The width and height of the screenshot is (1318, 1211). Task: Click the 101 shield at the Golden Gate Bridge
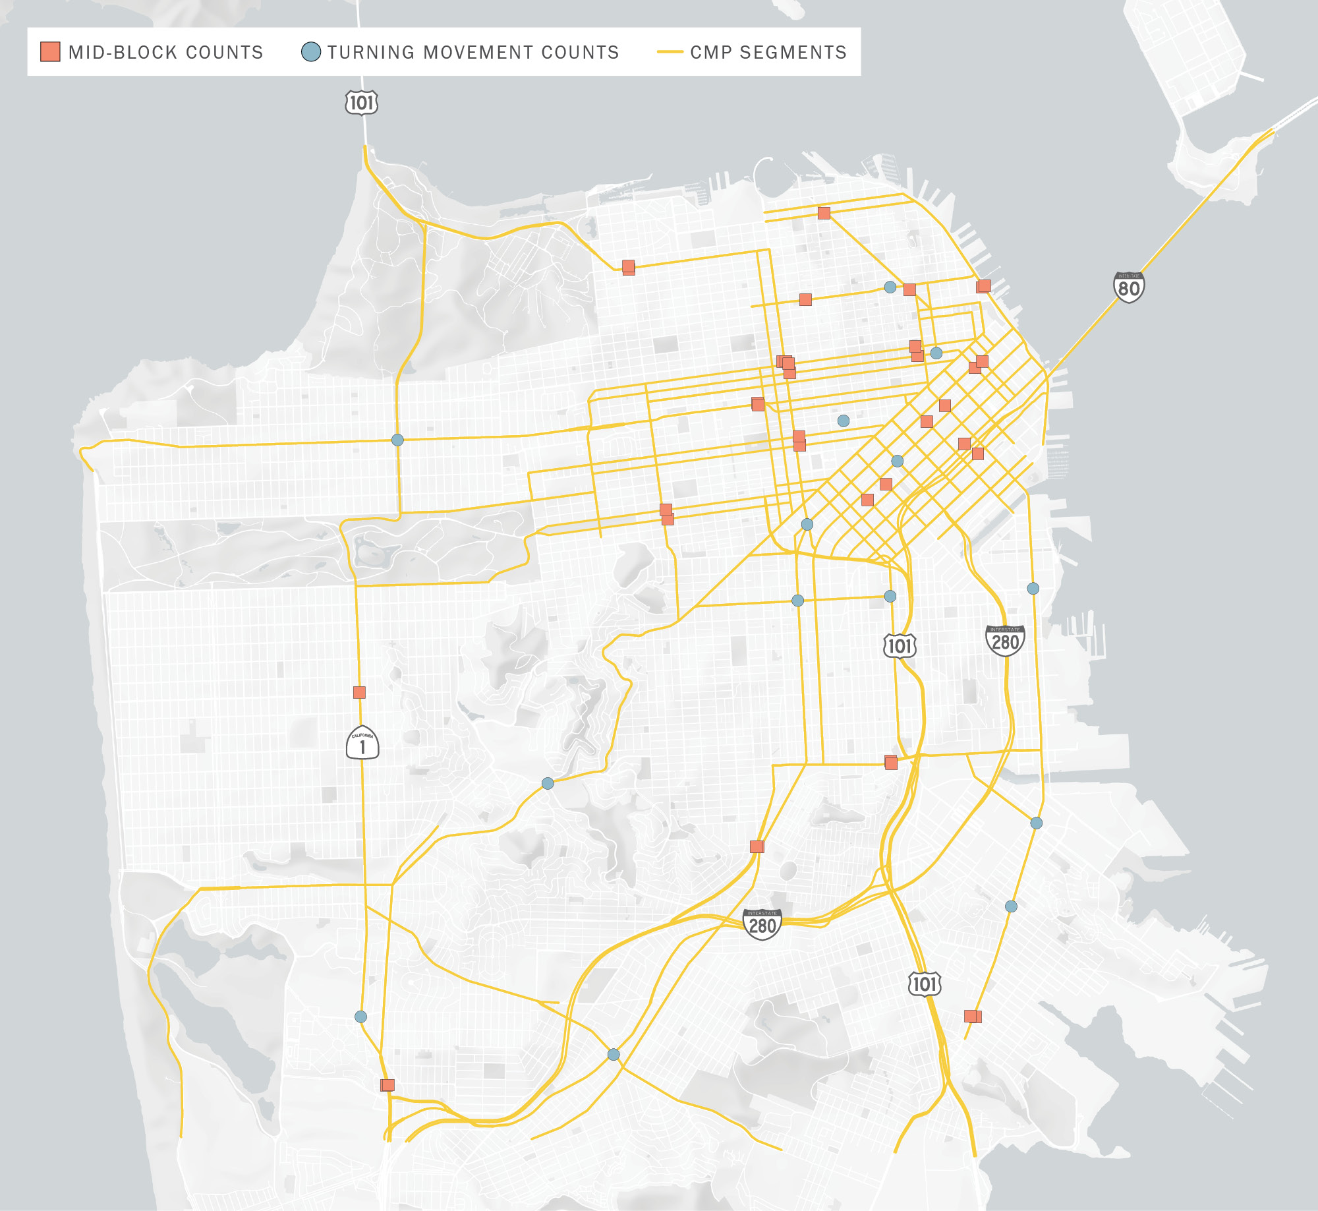(x=361, y=103)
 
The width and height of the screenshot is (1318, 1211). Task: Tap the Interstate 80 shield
(x=1128, y=287)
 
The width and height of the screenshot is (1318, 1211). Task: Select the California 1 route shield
(x=362, y=743)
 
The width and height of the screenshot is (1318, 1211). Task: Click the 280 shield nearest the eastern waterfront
(x=1005, y=641)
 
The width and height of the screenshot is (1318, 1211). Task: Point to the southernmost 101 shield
(x=924, y=984)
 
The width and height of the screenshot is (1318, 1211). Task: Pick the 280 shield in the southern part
(x=762, y=924)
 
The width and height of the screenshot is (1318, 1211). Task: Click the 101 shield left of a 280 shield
(x=900, y=645)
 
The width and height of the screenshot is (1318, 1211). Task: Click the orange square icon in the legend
(x=50, y=51)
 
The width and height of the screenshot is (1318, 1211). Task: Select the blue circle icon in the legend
(x=310, y=51)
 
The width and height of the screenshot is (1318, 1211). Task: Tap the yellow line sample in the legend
(x=670, y=51)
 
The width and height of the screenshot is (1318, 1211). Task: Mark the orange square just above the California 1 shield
(x=359, y=692)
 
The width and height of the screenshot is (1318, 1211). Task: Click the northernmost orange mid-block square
(x=824, y=213)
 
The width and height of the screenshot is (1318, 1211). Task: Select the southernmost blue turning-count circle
(x=614, y=1054)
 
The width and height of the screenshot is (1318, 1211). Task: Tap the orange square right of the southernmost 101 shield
(x=972, y=1016)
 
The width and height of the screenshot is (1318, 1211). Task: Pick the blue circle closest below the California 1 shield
(x=360, y=1017)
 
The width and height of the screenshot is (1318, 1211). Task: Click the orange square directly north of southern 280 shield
(x=757, y=846)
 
